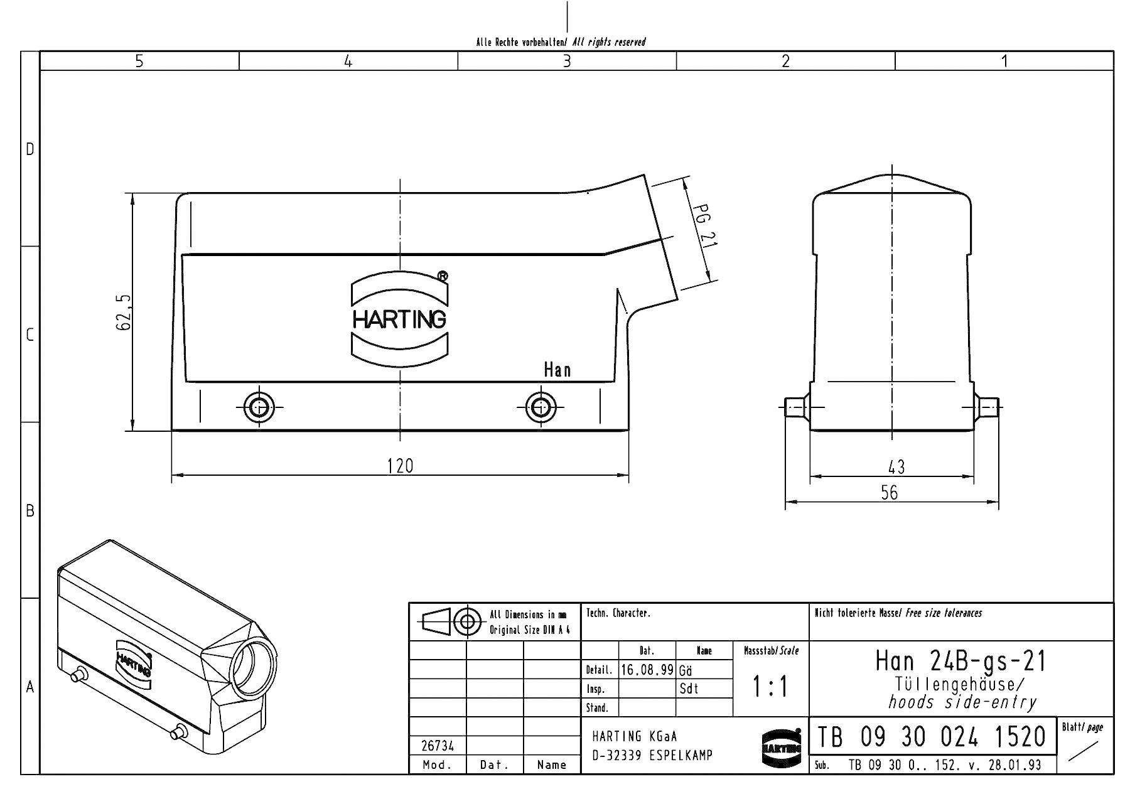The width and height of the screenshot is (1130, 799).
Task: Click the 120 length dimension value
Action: (401, 466)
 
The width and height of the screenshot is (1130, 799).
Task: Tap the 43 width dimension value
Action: (896, 467)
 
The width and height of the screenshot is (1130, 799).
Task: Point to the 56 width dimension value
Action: (889, 493)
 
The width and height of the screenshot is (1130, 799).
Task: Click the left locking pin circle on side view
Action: (258, 407)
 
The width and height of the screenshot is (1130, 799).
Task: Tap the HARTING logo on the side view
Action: (400, 319)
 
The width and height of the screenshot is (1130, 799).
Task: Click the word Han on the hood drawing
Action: (557, 370)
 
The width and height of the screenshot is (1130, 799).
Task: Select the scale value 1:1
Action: (770, 687)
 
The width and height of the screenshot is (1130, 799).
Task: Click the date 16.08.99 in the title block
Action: (647, 670)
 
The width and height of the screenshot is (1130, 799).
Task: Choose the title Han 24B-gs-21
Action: (961, 661)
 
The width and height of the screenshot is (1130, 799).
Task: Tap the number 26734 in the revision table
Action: (437, 746)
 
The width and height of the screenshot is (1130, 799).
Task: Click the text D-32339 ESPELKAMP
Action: (652, 755)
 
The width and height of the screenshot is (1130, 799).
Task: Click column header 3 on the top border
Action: (566, 61)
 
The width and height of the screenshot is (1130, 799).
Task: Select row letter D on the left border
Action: (30, 149)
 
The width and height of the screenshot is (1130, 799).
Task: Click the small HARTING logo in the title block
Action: (782, 748)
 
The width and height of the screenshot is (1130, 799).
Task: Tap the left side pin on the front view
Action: (795, 407)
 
